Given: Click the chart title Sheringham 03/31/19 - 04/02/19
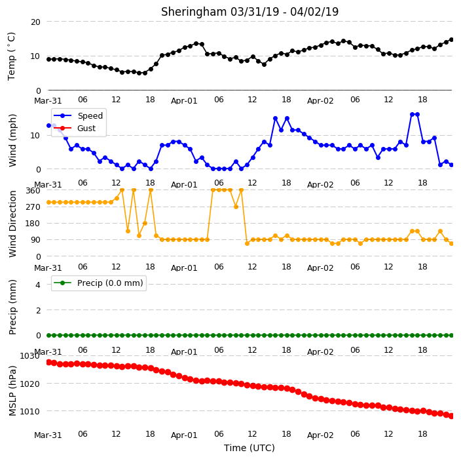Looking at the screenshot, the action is coord(249,12).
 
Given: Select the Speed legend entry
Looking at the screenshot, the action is coord(78,115).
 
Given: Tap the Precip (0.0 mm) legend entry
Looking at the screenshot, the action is coord(98,283).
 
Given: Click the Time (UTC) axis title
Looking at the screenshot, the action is coord(249,448).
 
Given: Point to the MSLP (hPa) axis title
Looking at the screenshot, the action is coord(12,391).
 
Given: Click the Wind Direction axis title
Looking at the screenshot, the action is coord(12,224).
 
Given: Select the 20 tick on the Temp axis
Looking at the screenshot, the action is coord(35,22).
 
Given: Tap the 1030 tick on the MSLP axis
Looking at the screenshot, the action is coord(29,356).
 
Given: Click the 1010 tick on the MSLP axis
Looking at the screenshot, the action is coord(29,411).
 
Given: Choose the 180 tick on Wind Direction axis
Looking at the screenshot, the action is coord(33,224).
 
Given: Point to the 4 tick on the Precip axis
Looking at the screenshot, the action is coord(38,285).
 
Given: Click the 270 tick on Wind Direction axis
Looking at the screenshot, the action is coord(33,207).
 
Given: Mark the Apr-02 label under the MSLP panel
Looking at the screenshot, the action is coord(320,435).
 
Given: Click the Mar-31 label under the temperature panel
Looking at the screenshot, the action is coord(48,101).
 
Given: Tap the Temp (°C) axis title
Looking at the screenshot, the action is coord(12,56).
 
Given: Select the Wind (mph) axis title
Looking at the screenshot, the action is coord(12,141).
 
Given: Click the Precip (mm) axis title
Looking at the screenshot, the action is coord(12,307).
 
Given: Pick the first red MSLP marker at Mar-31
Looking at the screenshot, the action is coord(49,362).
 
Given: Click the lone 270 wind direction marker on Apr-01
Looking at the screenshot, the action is coord(236,207).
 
